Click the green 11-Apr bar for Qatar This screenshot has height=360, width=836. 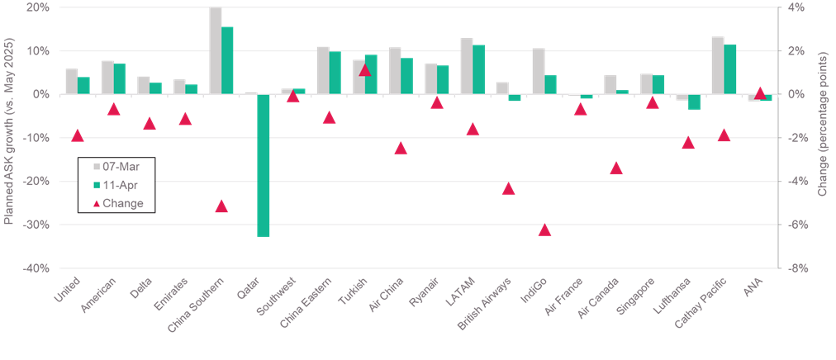click(x=264, y=165)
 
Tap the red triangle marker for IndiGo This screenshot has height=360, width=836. click(x=544, y=230)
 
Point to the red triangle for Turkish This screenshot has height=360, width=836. click(x=364, y=69)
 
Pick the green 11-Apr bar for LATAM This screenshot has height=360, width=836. click(x=479, y=69)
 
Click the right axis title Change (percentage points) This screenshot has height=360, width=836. click(x=823, y=137)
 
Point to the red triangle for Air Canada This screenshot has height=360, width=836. click(x=615, y=168)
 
